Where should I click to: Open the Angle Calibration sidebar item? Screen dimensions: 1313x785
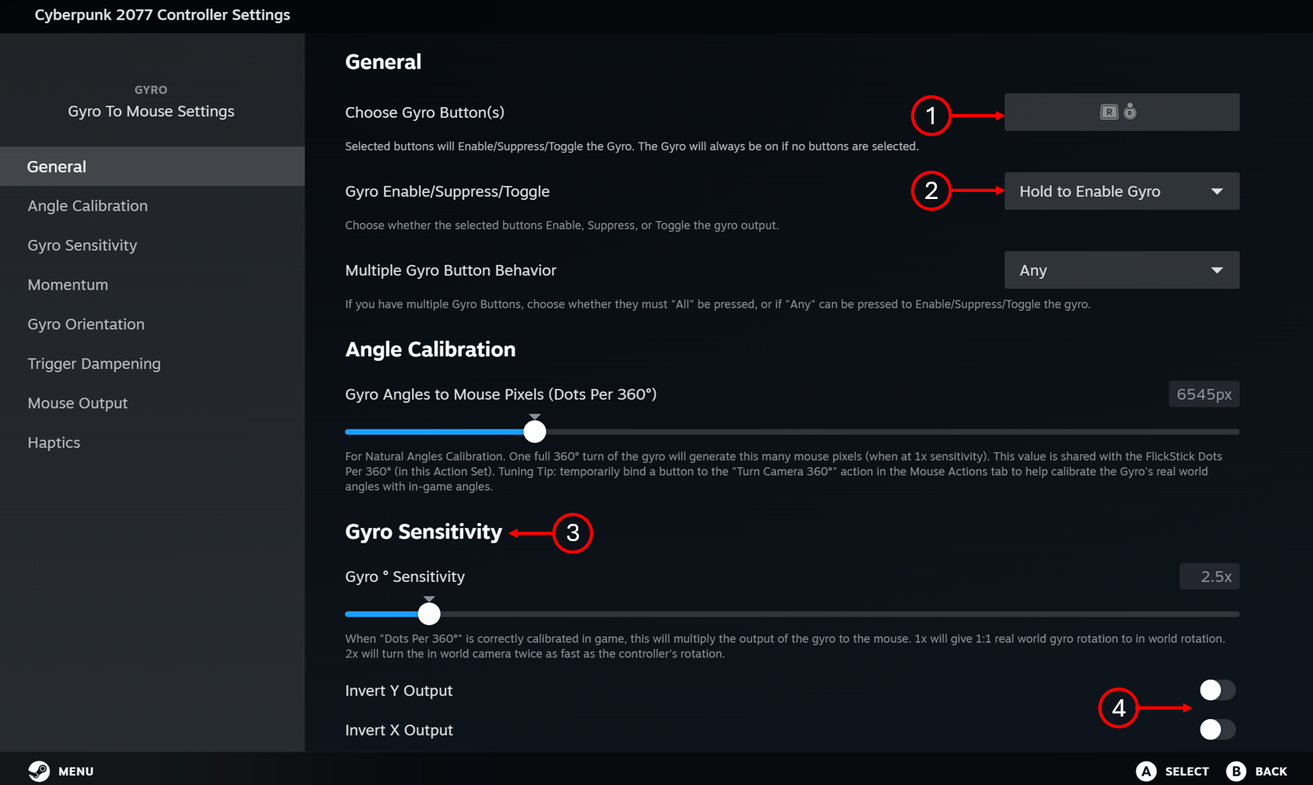pos(87,206)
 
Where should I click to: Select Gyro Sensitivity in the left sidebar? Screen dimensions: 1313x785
pos(82,245)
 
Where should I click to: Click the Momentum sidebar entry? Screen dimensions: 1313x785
pos(68,284)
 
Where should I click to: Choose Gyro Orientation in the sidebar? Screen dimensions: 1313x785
pos(86,323)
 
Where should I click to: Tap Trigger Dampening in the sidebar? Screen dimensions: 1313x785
pos(94,363)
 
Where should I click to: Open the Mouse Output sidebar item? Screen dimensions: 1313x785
pos(77,403)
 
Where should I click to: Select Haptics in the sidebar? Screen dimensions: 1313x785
pos(54,442)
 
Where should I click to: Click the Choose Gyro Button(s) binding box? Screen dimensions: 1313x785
pos(1121,112)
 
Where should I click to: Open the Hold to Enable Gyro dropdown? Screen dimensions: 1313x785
pos(1121,191)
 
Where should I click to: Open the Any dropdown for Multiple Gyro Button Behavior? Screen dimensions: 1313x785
pos(1121,271)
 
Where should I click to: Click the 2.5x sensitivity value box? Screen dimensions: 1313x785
pos(1209,577)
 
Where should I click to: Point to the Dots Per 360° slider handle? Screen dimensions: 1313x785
pos(535,432)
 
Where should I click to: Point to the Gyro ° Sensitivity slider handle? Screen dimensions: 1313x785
pos(429,614)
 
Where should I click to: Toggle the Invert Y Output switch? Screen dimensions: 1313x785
pos(1218,690)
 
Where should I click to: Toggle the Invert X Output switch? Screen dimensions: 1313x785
pos(1218,729)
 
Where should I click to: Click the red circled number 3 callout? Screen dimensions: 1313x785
pos(573,533)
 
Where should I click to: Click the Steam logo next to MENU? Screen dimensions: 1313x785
pos(39,771)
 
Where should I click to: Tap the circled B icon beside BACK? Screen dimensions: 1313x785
pos(1237,771)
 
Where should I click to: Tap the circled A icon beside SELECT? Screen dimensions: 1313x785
pos(1146,771)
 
